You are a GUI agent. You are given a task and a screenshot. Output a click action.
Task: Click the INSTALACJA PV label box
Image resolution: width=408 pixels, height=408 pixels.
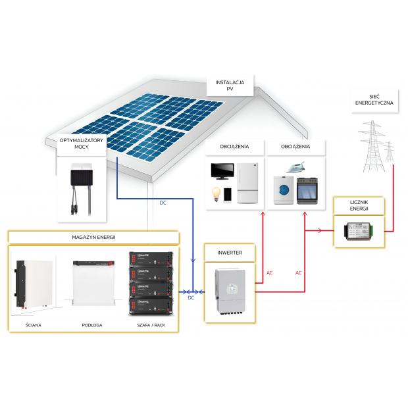tap(230, 85)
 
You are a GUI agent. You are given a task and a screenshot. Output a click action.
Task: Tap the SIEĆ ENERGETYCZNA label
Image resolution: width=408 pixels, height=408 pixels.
tap(374, 100)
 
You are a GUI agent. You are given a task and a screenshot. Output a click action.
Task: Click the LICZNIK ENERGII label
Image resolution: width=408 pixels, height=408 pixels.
tap(359, 205)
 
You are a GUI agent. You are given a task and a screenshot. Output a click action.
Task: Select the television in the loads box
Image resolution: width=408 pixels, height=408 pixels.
tap(222, 172)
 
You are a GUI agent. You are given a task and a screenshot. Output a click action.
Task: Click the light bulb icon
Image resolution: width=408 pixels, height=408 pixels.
tap(215, 194)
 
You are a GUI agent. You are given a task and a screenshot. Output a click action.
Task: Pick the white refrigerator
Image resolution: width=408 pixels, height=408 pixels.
tap(247, 184)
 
